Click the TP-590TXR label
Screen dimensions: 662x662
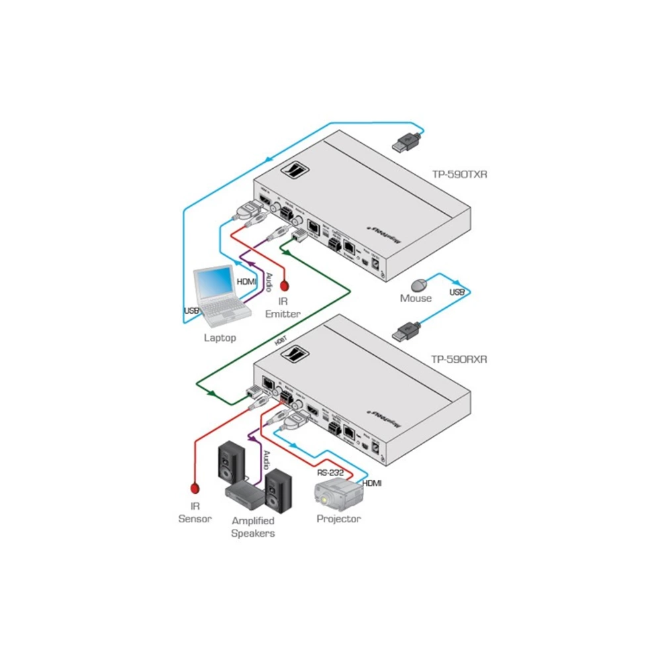(x=459, y=175)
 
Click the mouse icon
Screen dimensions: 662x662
(x=418, y=285)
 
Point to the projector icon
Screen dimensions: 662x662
(x=338, y=496)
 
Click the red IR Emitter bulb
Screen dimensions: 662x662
(x=285, y=286)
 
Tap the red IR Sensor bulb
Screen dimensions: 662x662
(x=195, y=489)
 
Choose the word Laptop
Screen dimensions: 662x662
(x=220, y=338)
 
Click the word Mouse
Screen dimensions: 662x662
(x=416, y=299)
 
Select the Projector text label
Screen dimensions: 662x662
(x=338, y=519)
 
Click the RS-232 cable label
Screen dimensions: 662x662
(x=330, y=473)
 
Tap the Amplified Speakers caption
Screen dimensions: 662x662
(x=253, y=527)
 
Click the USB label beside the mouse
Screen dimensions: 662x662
(x=457, y=292)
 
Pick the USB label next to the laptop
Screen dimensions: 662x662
(x=191, y=310)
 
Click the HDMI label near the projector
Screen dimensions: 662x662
(x=371, y=483)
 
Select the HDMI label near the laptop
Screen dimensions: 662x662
(x=246, y=281)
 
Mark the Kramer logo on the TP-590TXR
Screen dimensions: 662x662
(x=292, y=170)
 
